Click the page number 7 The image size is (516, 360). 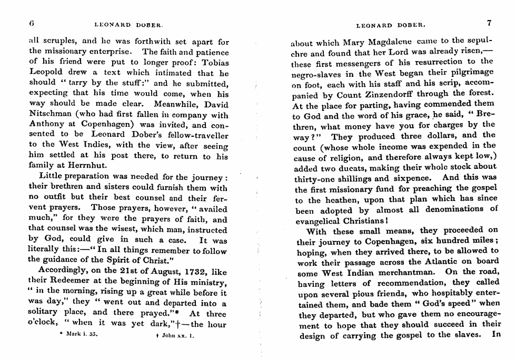(489, 23)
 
